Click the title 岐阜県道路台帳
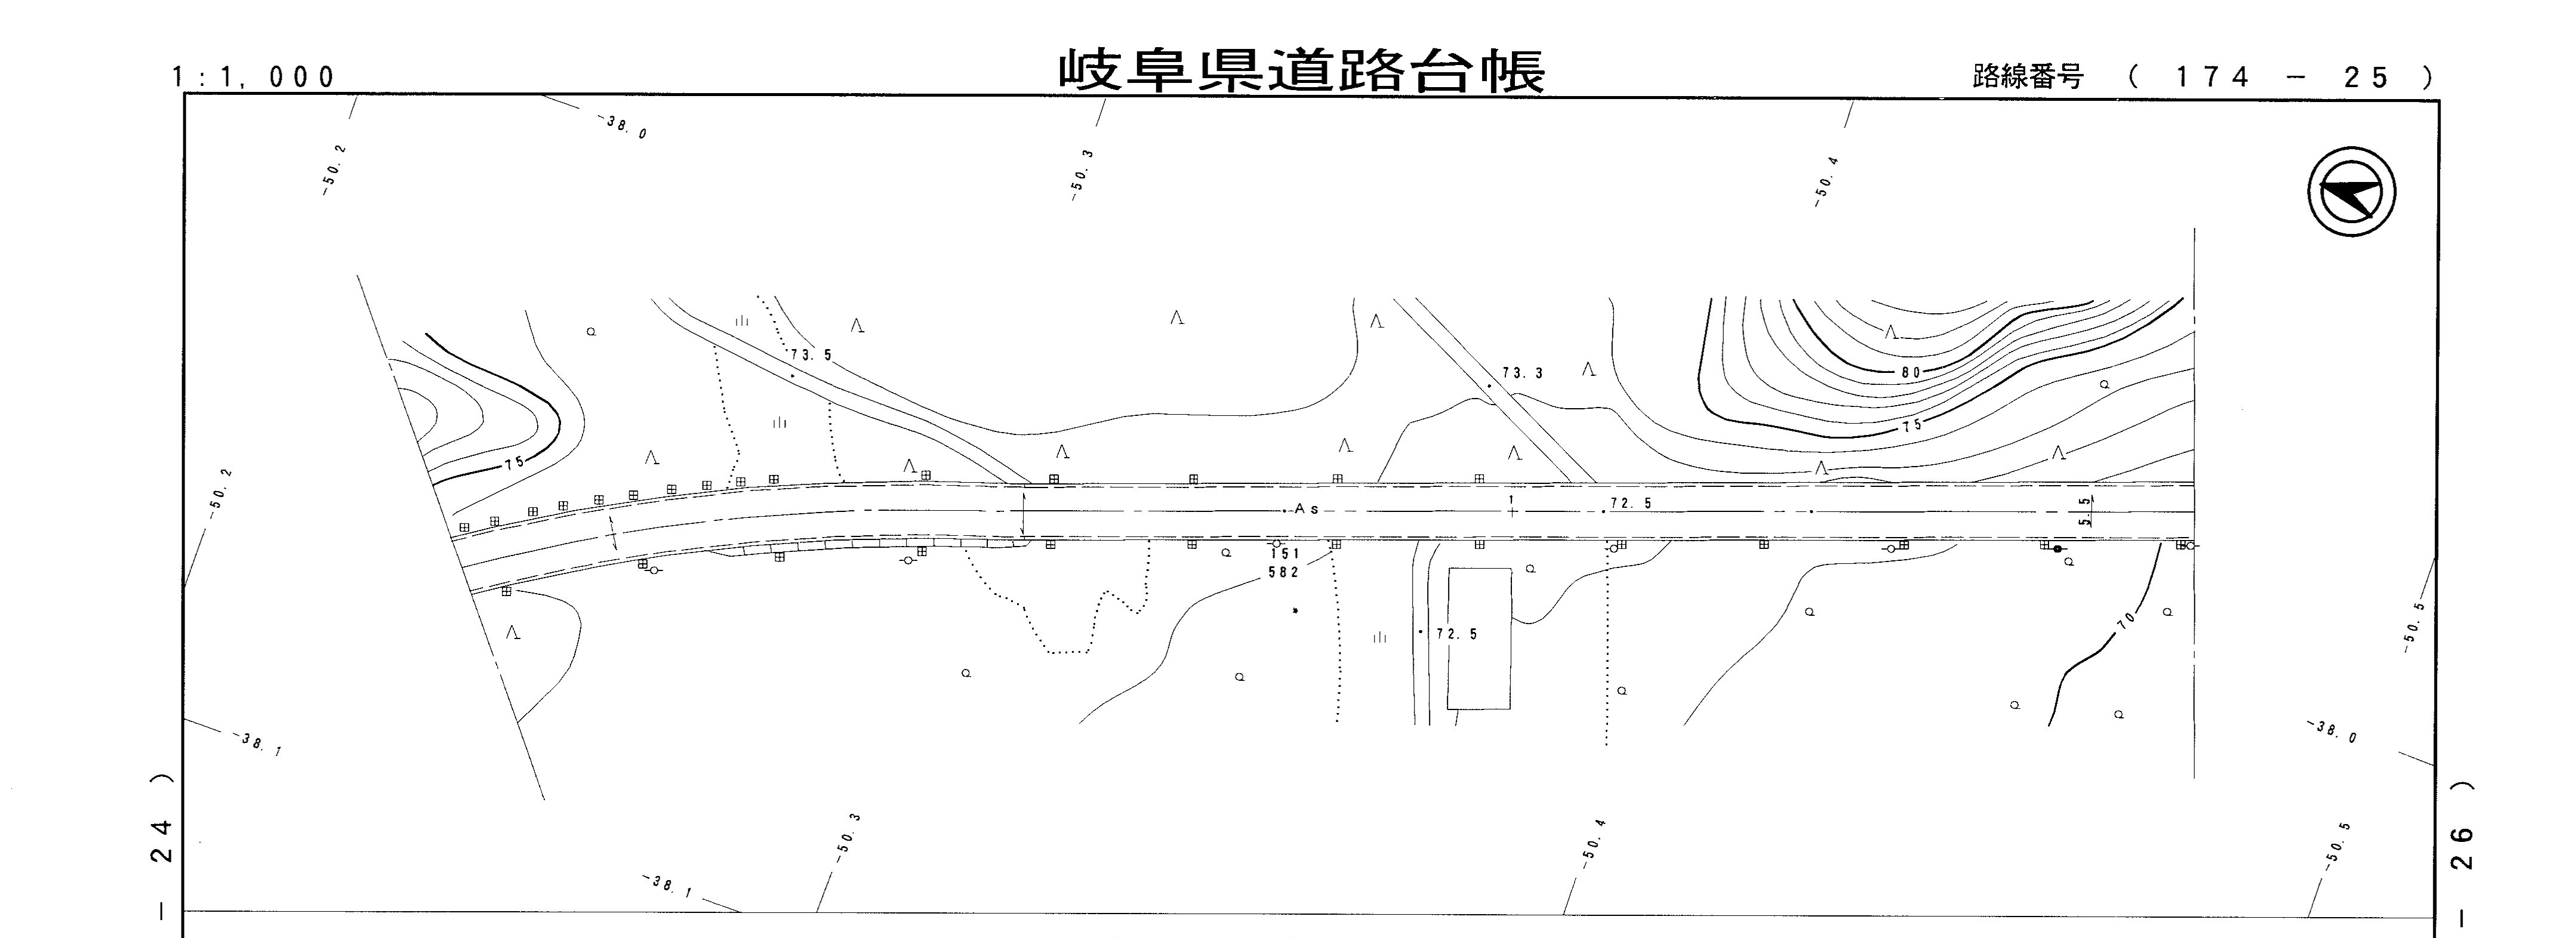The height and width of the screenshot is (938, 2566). tap(1301, 70)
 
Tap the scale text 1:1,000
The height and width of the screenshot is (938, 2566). tap(255, 76)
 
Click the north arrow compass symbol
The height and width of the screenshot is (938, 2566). tap(2352, 192)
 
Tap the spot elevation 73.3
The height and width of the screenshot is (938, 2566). tap(1522, 374)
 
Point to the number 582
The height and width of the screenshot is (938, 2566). tap(1284, 573)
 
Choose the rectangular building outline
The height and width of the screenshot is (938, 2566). tap(1478, 638)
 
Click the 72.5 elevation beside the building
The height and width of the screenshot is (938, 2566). tap(1456, 634)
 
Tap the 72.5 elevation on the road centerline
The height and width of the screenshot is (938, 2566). tap(1631, 504)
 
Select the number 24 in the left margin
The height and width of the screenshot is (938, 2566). tap(165, 840)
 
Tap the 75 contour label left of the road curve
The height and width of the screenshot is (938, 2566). tap(514, 463)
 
